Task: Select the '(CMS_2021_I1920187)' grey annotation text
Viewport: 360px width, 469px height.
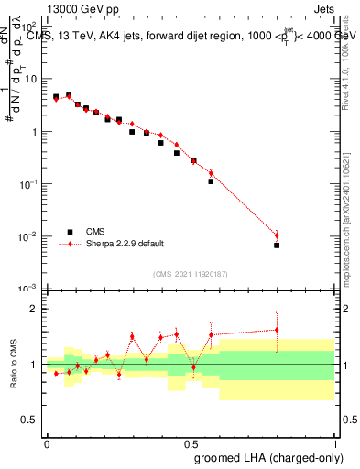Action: coord(190,273)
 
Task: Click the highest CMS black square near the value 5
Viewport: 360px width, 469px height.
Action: coord(69,94)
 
